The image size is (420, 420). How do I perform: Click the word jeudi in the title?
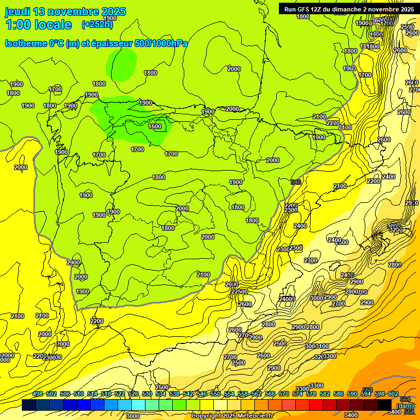17,11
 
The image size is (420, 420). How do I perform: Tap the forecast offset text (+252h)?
97,24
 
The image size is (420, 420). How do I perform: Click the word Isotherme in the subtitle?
25,44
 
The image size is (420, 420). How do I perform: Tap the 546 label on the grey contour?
296,182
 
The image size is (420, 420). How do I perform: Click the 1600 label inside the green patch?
155,126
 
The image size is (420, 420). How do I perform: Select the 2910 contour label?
412,203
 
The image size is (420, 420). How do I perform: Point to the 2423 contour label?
347,275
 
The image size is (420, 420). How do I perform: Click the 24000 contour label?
287,299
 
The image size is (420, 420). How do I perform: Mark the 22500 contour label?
240,291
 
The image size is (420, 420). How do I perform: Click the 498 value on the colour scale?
38,394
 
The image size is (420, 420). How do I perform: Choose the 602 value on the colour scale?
393,394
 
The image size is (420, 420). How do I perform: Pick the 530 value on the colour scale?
147,394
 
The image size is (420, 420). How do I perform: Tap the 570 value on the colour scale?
284,394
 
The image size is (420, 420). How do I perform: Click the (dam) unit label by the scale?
405,405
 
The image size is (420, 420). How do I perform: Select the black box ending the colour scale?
384,405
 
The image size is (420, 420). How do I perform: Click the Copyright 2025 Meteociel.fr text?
229,416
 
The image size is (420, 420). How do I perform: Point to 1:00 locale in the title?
38,25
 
